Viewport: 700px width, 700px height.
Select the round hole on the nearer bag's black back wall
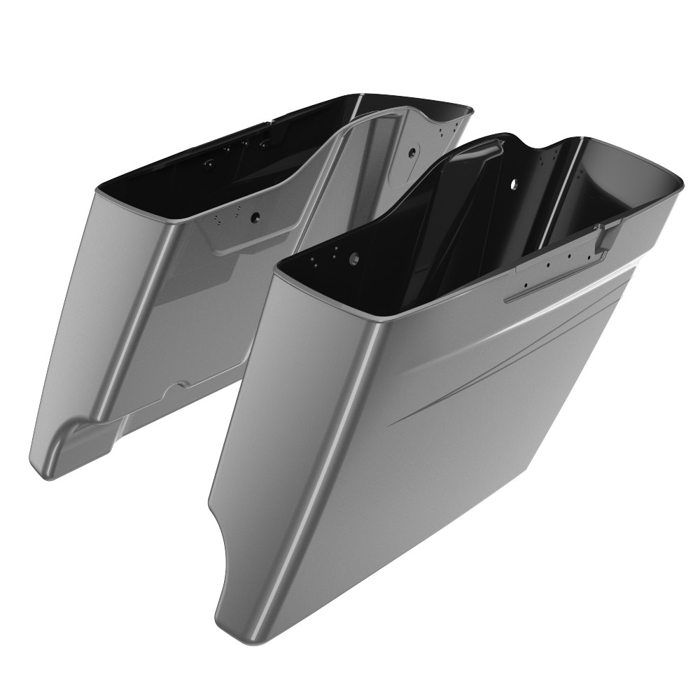(514, 183)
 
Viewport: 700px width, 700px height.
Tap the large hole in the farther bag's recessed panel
(256, 218)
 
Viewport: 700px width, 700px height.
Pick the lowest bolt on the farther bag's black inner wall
(209, 162)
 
